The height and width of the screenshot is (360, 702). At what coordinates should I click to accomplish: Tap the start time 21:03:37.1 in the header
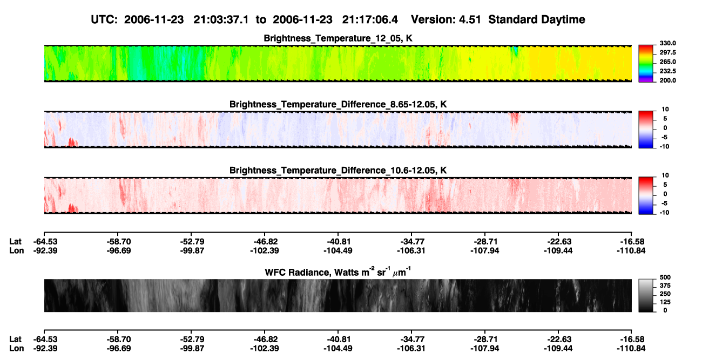[x=221, y=19]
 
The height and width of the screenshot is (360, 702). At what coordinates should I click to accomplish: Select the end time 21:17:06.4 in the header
[x=370, y=19]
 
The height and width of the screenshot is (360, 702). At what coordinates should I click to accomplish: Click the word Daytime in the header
[x=563, y=19]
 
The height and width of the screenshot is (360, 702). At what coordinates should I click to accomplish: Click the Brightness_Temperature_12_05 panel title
[x=338, y=38]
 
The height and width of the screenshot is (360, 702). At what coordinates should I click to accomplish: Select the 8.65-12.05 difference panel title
[x=338, y=104]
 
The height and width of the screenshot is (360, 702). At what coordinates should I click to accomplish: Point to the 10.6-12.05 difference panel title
[x=338, y=171]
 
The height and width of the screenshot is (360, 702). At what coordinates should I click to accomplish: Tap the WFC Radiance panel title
[x=338, y=272]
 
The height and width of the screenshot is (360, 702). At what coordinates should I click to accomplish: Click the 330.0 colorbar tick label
[x=667, y=43]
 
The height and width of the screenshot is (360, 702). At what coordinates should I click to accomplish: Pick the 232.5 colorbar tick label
[x=667, y=71]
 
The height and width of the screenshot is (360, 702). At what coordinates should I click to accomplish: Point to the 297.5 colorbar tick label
[x=667, y=53]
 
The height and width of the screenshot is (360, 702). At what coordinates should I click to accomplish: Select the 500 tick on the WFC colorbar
[x=665, y=277]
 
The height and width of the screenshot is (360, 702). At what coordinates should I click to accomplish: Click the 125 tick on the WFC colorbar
[x=665, y=302]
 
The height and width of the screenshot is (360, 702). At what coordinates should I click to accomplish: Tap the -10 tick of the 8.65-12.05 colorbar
[x=665, y=146]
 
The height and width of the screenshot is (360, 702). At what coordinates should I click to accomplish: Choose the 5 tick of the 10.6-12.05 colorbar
[x=665, y=185]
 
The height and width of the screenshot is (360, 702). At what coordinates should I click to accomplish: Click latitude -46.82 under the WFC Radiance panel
[x=265, y=339]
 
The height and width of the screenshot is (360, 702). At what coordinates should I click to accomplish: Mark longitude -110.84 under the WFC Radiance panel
[x=631, y=349]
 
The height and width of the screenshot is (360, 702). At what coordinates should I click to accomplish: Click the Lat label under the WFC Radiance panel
[x=15, y=339]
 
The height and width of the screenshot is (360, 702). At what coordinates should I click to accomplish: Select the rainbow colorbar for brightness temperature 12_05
[x=646, y=64]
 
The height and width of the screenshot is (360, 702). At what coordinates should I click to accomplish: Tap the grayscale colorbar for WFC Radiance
[x=646, y=295]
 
